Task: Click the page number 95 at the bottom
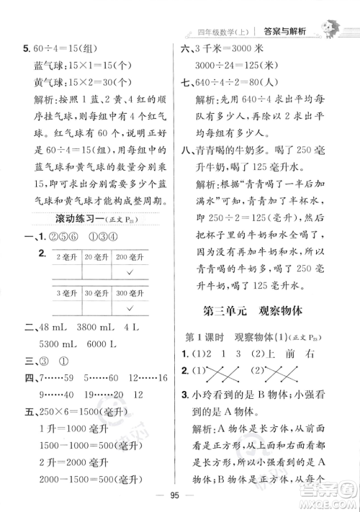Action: tap(179, 493)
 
